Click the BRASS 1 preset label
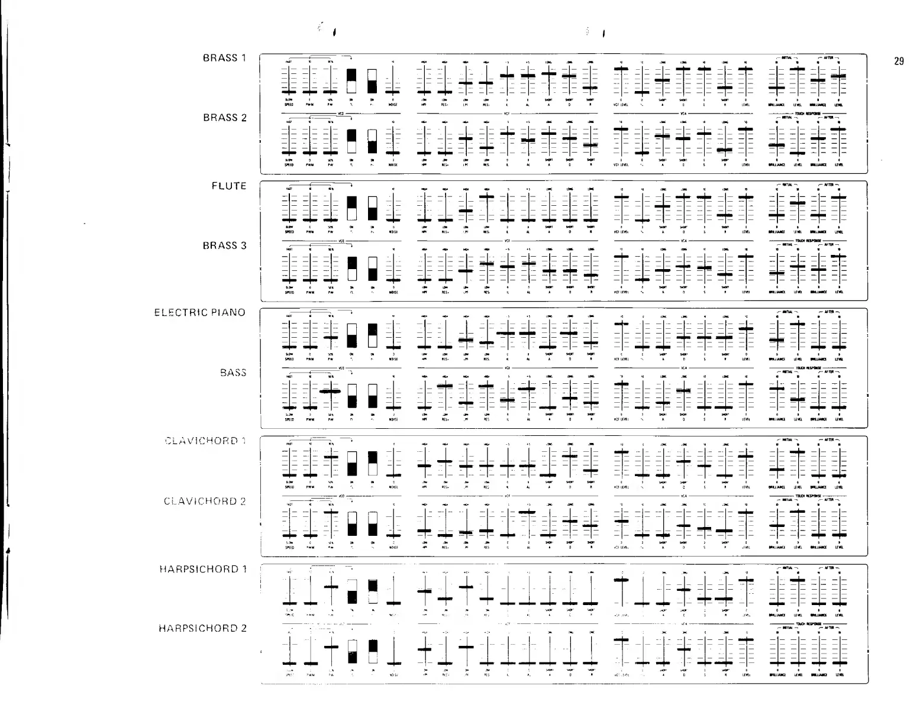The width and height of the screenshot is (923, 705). pos(224,58)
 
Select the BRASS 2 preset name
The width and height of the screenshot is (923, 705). pos(224,118)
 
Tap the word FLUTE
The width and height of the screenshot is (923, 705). pos(229,186)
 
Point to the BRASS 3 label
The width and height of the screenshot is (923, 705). pos(224,245)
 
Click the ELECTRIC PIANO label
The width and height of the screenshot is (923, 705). pos(200,312)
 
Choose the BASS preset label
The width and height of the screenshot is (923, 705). pos(233,373)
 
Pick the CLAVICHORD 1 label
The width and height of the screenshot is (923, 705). pos(205,441)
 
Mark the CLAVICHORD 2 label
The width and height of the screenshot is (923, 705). pos(205,502)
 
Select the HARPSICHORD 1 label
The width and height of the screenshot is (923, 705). pos(202,569)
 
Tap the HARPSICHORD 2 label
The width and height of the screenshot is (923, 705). pos(202,628)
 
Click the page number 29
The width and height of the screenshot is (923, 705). pos(899,61)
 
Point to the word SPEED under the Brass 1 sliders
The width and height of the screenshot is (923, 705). pos(289,105)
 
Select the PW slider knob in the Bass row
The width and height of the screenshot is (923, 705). pos(331,392)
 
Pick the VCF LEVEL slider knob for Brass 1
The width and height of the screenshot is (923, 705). pos(621,69)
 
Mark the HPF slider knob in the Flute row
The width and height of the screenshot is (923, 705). pos(424,220)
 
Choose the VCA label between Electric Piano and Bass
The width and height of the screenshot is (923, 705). pos(683,368)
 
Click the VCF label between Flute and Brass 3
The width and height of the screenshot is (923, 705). pos(507,241)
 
